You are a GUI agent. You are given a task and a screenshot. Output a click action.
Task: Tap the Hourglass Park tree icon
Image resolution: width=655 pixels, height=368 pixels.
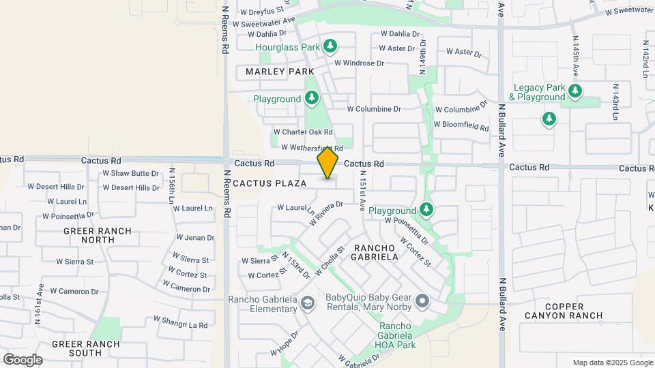[x=330, y=46]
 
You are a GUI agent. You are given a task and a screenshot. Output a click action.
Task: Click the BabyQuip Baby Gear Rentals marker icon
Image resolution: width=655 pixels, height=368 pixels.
[x=423, y=301]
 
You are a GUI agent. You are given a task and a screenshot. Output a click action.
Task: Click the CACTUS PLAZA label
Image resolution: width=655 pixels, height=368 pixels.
[x=270, y=183]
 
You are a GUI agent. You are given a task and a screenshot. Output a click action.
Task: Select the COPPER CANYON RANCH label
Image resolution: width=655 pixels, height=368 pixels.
[x=564, y=310]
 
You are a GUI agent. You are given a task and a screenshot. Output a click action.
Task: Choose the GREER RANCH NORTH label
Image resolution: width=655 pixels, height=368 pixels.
[x=98, y=235]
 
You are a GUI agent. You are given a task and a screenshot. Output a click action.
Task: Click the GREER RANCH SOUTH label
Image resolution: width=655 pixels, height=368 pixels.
[x=95, y=348]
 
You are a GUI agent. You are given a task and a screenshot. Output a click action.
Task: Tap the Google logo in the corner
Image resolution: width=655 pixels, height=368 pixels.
[x=23, y=360]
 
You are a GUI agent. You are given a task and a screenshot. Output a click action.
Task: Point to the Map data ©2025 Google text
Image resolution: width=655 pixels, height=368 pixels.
[x=612, y=363]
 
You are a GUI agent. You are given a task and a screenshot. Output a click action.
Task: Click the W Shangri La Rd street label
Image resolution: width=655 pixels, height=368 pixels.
[x=180, y=322]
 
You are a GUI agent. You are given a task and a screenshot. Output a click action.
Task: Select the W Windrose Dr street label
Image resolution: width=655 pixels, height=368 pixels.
[x=359, y=63]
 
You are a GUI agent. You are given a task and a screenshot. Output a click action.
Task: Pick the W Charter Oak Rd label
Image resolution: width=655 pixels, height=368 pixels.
[x=303, y=132]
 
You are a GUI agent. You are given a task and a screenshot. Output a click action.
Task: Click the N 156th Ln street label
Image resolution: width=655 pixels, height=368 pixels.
[x=172, y=185]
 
